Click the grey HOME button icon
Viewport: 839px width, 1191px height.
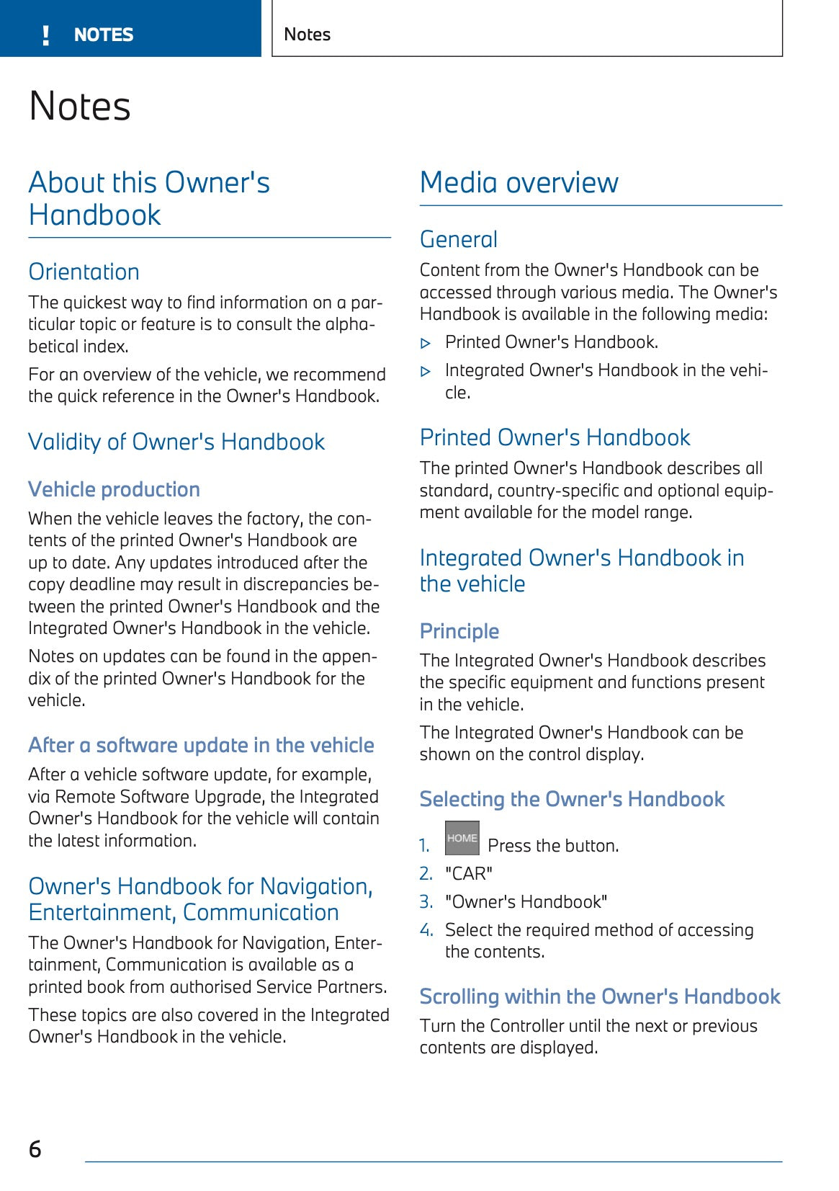point(462,838)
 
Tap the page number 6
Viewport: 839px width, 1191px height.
point(35,1148)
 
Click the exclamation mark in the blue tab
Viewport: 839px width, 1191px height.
point(46,35)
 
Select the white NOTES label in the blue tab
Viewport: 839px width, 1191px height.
point(104,35)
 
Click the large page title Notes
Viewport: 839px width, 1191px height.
point(80,107)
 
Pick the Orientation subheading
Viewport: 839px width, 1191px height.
point(84,272)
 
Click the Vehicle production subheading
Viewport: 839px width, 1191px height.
point(114,489)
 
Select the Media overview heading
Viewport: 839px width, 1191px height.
point(519,183)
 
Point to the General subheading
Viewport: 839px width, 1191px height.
point(459,239)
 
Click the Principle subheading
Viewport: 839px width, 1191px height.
point(459,631)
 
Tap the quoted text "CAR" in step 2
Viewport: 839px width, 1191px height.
point(469,874)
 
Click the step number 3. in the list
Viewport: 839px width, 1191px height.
point(426,902)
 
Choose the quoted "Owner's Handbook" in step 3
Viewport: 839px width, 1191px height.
point(526,902)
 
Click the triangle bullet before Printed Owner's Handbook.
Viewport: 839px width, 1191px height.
point(426,344)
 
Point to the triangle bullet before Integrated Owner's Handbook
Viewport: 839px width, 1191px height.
point(426,372)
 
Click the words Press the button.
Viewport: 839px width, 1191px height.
point(553,846)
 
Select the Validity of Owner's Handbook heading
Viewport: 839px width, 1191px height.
point(176,442)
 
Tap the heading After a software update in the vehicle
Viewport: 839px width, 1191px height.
point(201,745)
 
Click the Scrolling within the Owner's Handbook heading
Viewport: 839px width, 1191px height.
point(600,996)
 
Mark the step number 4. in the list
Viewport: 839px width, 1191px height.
point(426,930)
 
